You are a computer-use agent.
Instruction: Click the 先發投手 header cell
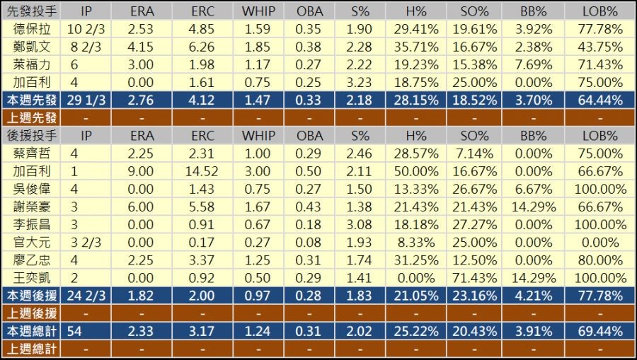32,11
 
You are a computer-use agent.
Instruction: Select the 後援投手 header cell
32,135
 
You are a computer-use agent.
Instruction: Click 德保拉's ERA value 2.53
142,29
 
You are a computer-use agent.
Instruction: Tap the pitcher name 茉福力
32,64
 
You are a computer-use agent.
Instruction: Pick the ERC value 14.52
202,170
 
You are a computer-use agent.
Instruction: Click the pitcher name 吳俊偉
32,188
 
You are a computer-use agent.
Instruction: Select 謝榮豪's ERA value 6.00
142,206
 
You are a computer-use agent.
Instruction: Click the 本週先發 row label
32,100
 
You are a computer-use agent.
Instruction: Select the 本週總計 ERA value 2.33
142,330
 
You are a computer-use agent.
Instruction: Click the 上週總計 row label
32,348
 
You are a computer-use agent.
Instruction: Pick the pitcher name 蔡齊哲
32,153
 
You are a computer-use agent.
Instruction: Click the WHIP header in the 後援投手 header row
258,135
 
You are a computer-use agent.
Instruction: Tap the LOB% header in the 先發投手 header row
599,11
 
